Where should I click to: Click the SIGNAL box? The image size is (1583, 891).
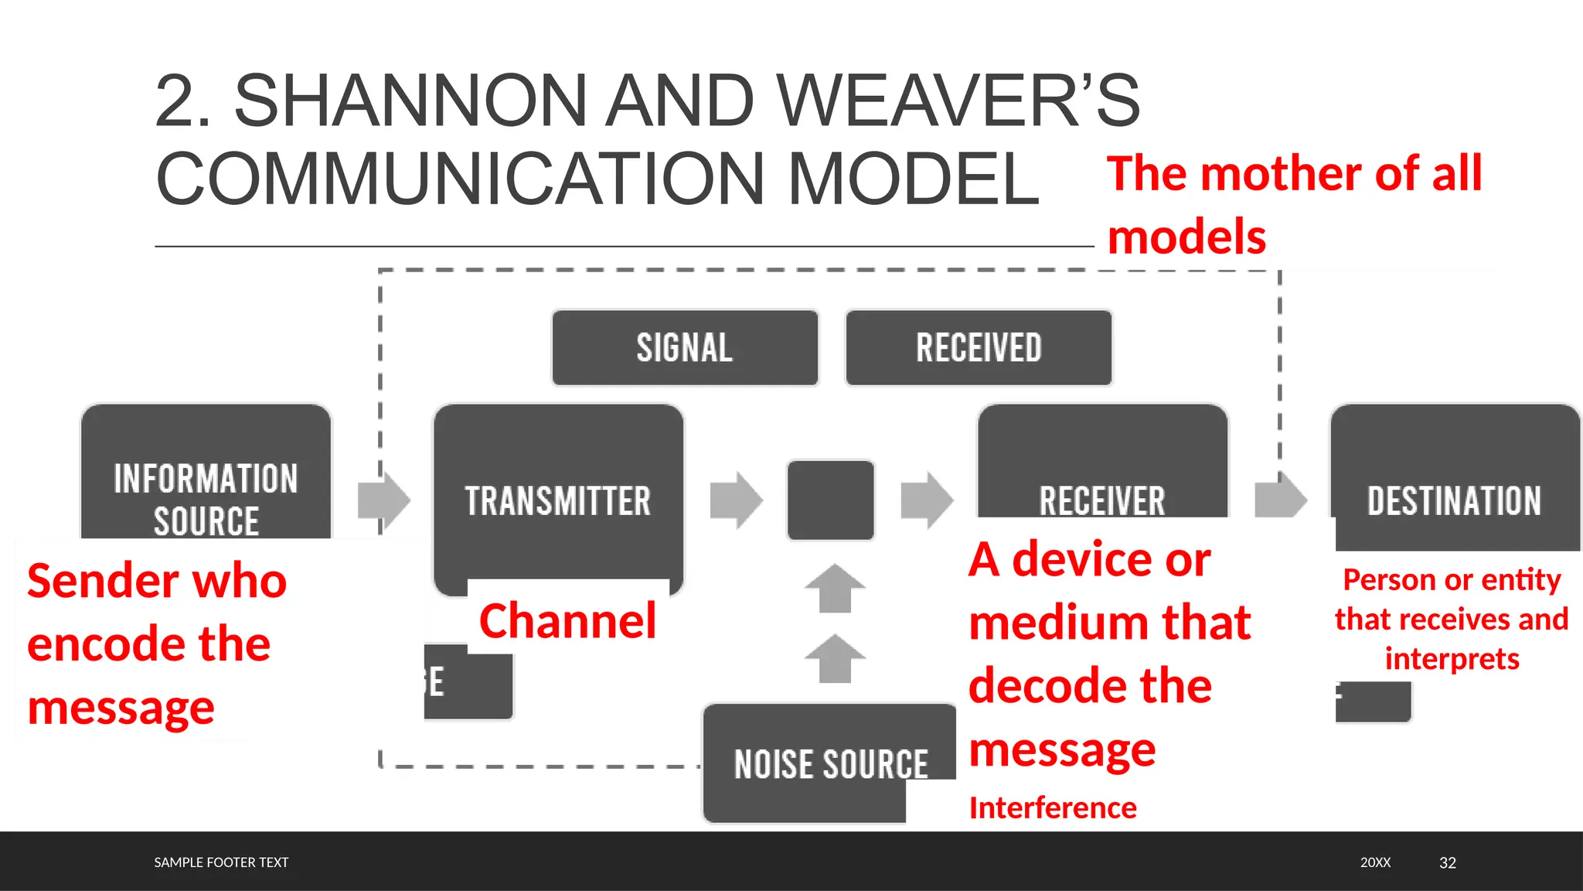(685, 347)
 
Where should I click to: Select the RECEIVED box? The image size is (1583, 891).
(979, 347)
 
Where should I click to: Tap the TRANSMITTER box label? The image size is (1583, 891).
(558, 501)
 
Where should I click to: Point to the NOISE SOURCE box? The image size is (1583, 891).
(829, 764)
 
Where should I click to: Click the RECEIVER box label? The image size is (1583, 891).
(1102, 500)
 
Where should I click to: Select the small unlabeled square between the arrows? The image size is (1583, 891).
(830, 500)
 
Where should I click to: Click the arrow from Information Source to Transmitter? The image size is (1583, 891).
(384, 500)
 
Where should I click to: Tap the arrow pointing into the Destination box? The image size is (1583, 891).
(1280, 500)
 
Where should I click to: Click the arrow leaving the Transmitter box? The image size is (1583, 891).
(736, 500)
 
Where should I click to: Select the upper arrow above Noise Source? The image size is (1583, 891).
(835, 589)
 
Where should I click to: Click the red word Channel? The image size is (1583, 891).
(567, 620)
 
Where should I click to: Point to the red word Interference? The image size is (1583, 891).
(1053, 807)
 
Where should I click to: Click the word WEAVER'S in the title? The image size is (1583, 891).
(958, 101)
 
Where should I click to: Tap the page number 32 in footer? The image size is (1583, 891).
(1447, 862)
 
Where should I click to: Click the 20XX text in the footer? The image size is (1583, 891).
(1375, 862)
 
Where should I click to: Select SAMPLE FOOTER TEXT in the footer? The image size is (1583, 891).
(221, 862)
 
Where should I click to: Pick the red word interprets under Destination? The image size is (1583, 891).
(1452, 659)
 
